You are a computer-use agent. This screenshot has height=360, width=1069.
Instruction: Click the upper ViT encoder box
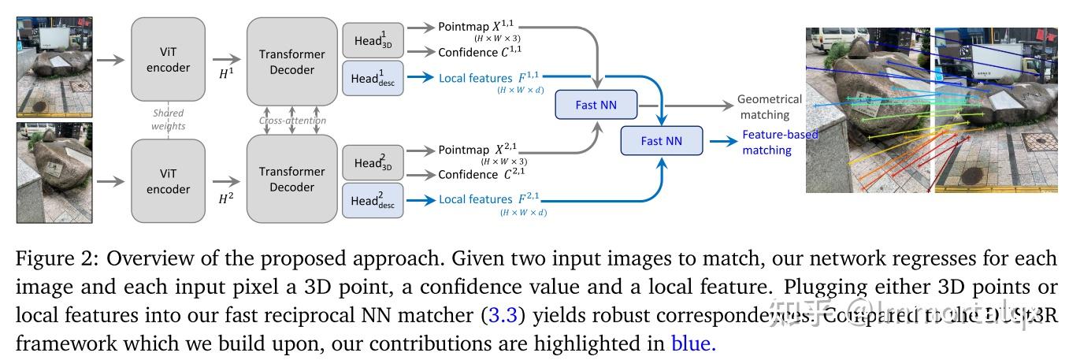169,59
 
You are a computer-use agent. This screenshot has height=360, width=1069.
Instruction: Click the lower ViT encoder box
169,180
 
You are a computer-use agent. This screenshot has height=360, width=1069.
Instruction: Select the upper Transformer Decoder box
286,61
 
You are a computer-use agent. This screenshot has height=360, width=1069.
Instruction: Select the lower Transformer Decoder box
286,180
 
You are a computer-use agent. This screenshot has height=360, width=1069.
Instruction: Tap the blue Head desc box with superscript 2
373,200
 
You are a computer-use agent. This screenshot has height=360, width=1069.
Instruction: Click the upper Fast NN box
596,105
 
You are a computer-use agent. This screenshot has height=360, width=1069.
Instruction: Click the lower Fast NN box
661,141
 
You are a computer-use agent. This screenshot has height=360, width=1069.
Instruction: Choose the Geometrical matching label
769,107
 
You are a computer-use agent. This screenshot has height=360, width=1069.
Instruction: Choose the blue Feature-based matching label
780,142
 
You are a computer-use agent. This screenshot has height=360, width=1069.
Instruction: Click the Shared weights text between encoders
168,120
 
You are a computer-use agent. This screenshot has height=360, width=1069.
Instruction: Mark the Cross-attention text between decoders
292,121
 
